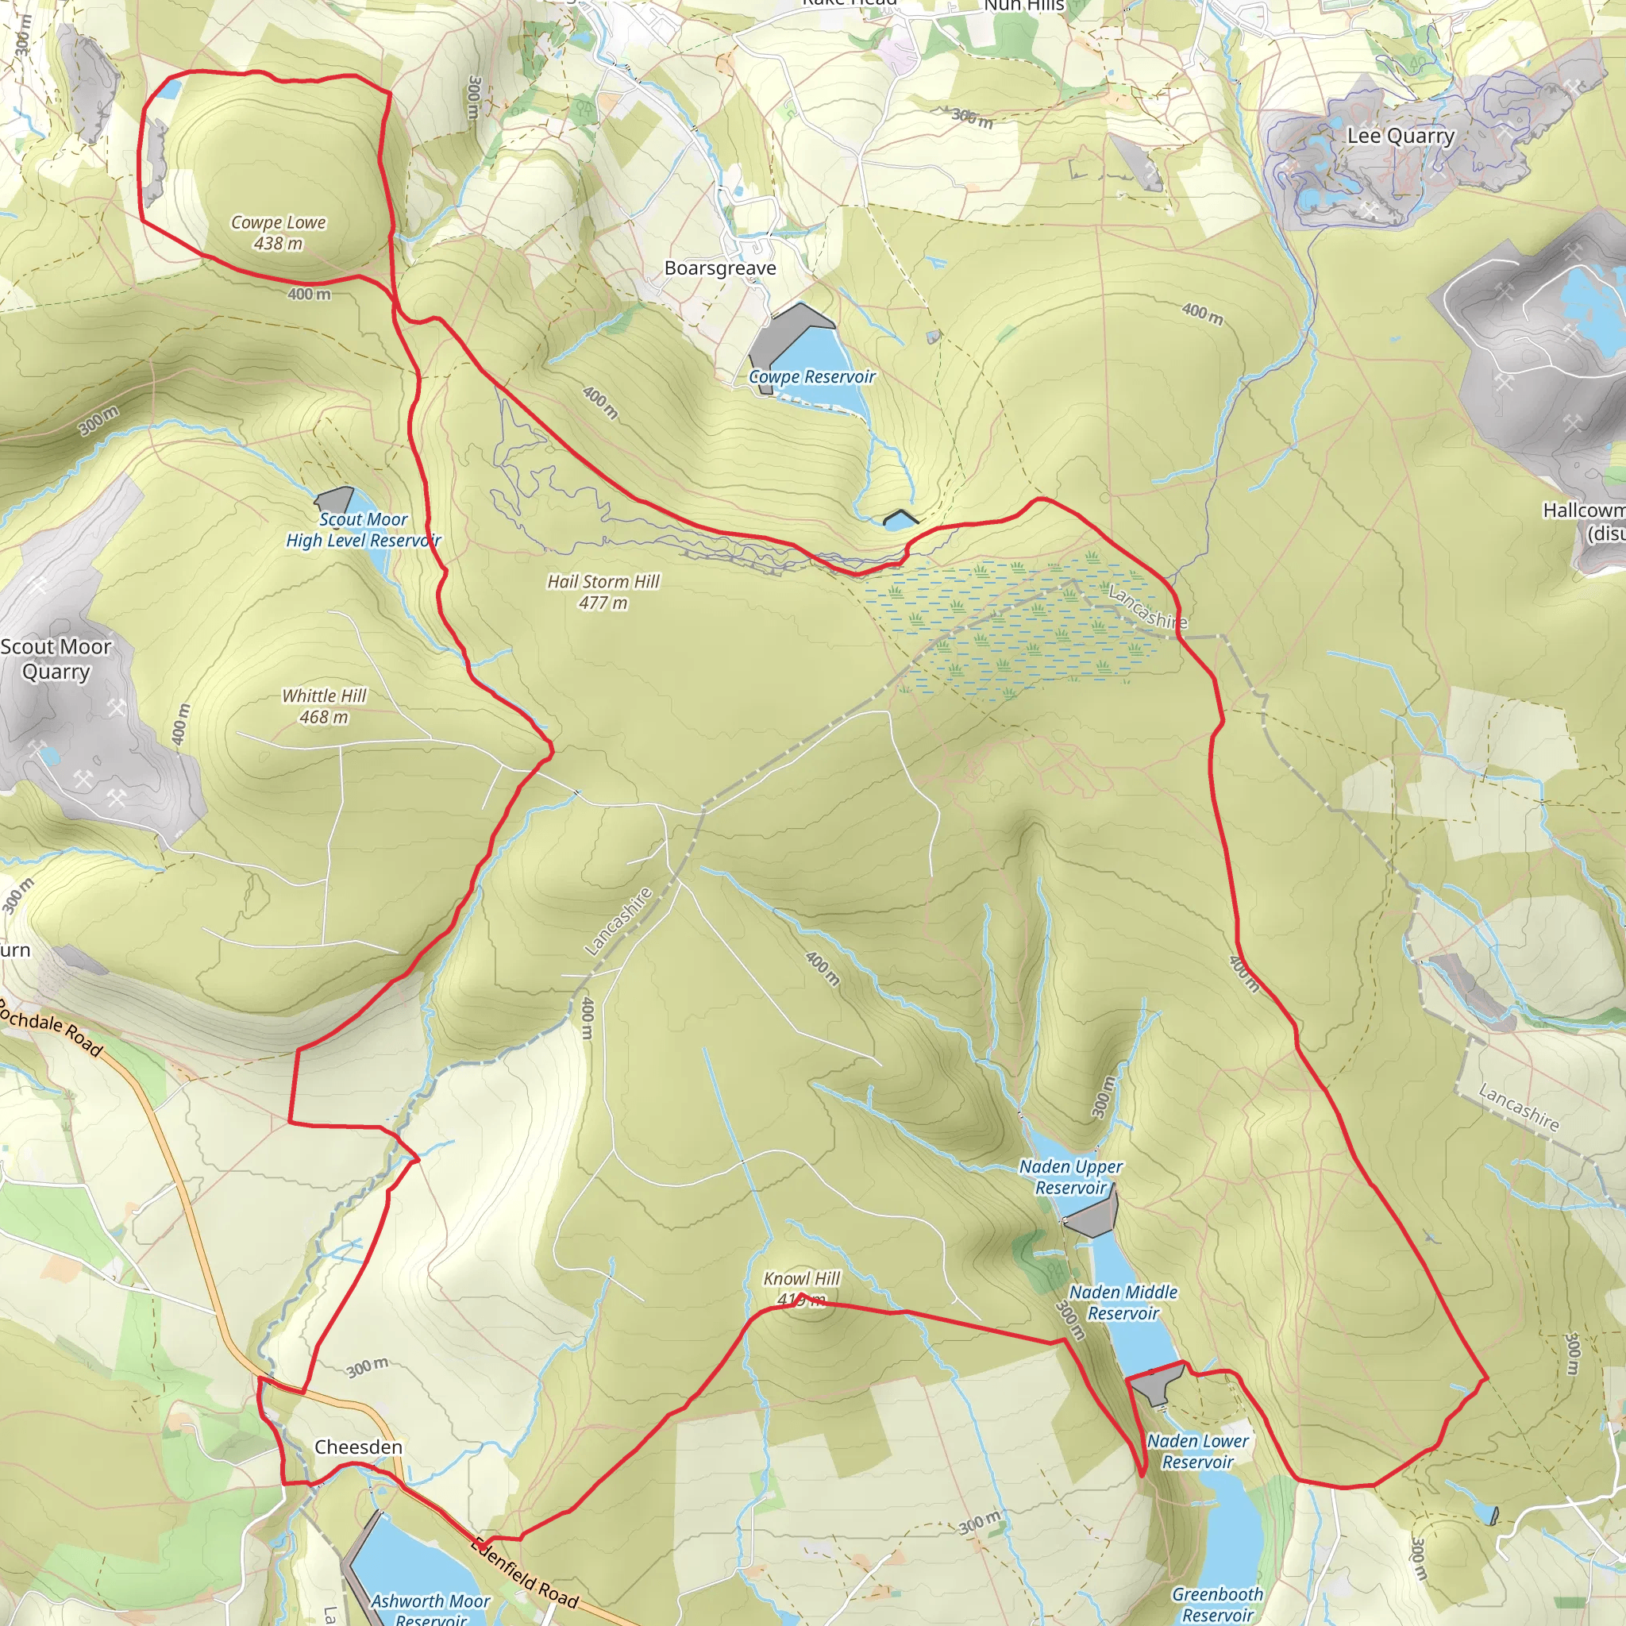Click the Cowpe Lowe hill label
click(x=279, y=233)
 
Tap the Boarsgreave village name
click(x=719, y=268)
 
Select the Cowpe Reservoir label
click(x=811, y=377)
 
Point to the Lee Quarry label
click(x=1401, y=137)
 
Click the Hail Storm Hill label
click(x=603, y=591)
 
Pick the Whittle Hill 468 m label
click(x=324, y=706)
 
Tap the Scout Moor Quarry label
click(x=56, y=659)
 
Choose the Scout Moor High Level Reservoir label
click(x=363, y=530)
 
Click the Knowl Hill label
click(x=801, y=1289)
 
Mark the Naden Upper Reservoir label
click(x=1070, y=1177)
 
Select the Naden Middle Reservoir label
click(x=1123, y=1302)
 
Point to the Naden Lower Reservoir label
click(x=1196, y=1451)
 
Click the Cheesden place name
click(x=358, y=1447)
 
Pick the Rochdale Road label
click(x=51, y=1027)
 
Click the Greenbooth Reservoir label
click(x=1217, y=1604)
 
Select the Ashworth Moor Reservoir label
click(x=430, y=1609)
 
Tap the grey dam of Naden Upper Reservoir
click(x=1092, y=1216)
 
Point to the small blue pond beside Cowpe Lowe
click(x=170, y=89)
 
